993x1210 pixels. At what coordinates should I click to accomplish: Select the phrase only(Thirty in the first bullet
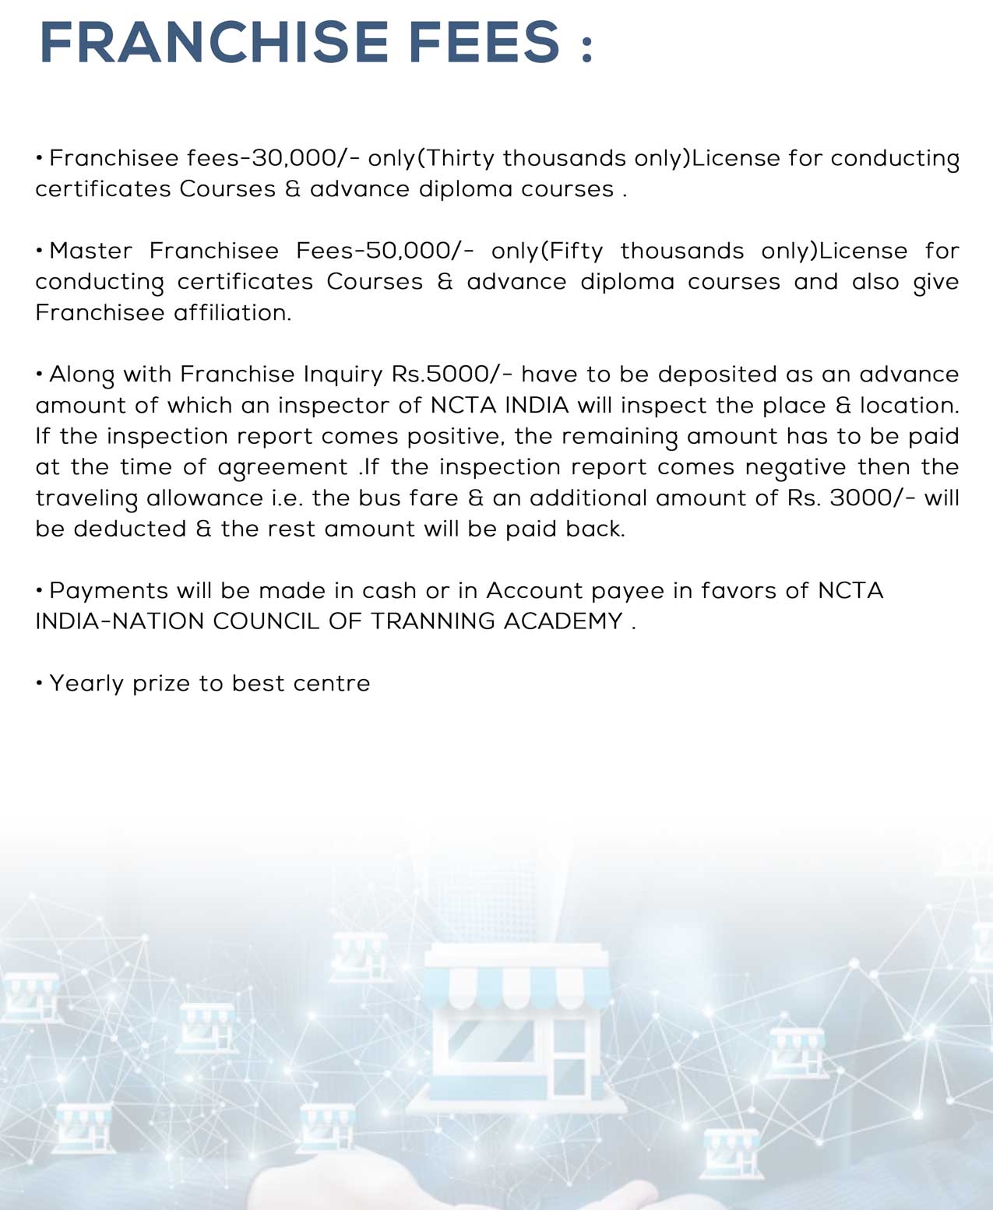point(431,158)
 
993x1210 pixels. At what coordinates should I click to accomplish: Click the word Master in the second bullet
point(91,251)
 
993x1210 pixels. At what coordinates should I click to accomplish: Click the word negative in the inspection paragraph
point(795,467)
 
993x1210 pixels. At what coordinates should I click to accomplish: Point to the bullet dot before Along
point(39,375)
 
